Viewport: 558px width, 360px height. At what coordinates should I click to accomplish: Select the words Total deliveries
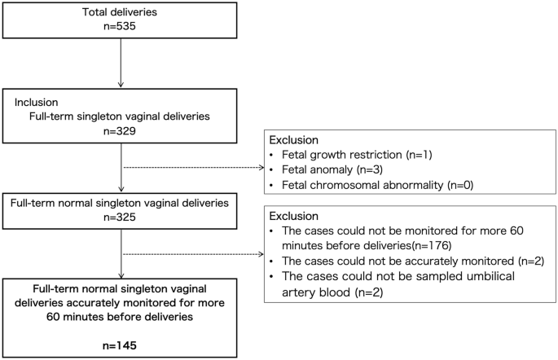click(121, 11)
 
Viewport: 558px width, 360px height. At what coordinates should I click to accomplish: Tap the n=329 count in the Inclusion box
click(121, 130)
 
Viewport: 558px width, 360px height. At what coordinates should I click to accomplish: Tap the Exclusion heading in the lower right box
click(294, 216)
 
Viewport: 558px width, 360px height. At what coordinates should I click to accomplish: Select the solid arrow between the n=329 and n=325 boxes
click(121, 167)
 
